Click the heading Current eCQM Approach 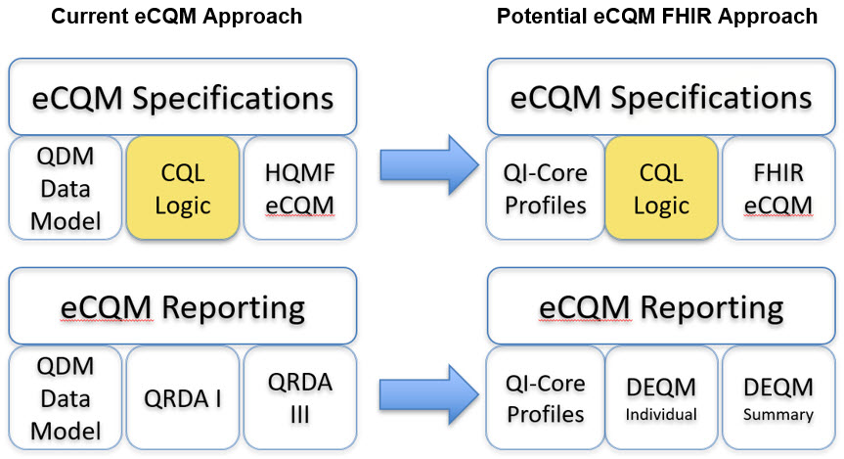point(177,17)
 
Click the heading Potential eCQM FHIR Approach point(656,17)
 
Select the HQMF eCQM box point(300,188)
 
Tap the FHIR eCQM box point(778,188)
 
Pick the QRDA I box point(183,397)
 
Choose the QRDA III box point(300,397)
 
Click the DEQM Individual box point(661,397)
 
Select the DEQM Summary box point(778,397)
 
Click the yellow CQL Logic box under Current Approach point(183,188)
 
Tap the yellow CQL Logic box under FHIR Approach point(661,188)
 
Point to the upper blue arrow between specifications point(429,164)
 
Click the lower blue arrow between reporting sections point(429,394)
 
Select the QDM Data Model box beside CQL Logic point(66,188)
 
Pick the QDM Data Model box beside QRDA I point(66,397)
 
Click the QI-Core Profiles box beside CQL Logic point(546,188)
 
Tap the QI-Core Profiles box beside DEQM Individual point(546,397)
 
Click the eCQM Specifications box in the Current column point(183,97)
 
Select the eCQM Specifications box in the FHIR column point(661,97)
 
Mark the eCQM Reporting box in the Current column point(183,306)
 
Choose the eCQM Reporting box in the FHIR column point(661,306)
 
